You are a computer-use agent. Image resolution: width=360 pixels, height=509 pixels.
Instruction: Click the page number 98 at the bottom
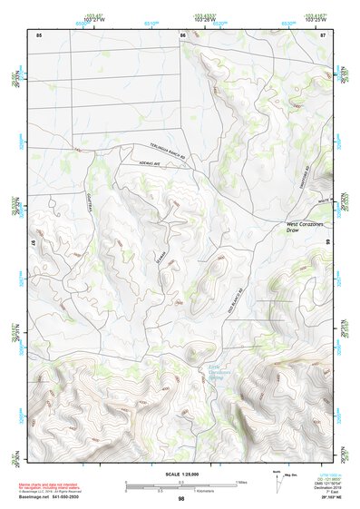click(x=180, y=499)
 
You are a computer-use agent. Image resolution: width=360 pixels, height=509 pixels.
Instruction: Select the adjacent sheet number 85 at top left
click(x=39, y=34)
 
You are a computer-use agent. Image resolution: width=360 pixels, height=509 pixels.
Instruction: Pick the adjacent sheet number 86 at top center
click(x=182, y=34)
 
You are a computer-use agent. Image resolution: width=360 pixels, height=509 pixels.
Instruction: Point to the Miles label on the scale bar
click(x=241, y=482)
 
